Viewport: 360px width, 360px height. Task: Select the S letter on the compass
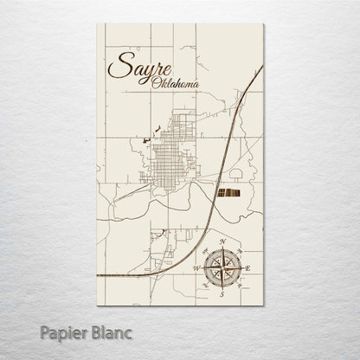coord(223,293)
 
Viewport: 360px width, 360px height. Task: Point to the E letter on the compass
coord(251,267)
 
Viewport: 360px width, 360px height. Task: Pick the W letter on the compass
coord(196,267)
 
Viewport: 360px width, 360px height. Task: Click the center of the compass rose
coord(223,267)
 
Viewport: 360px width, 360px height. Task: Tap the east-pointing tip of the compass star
coord(244,267)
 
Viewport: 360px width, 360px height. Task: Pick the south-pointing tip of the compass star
coord(223,287)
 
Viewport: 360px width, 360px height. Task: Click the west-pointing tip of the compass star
coord(202,267)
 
